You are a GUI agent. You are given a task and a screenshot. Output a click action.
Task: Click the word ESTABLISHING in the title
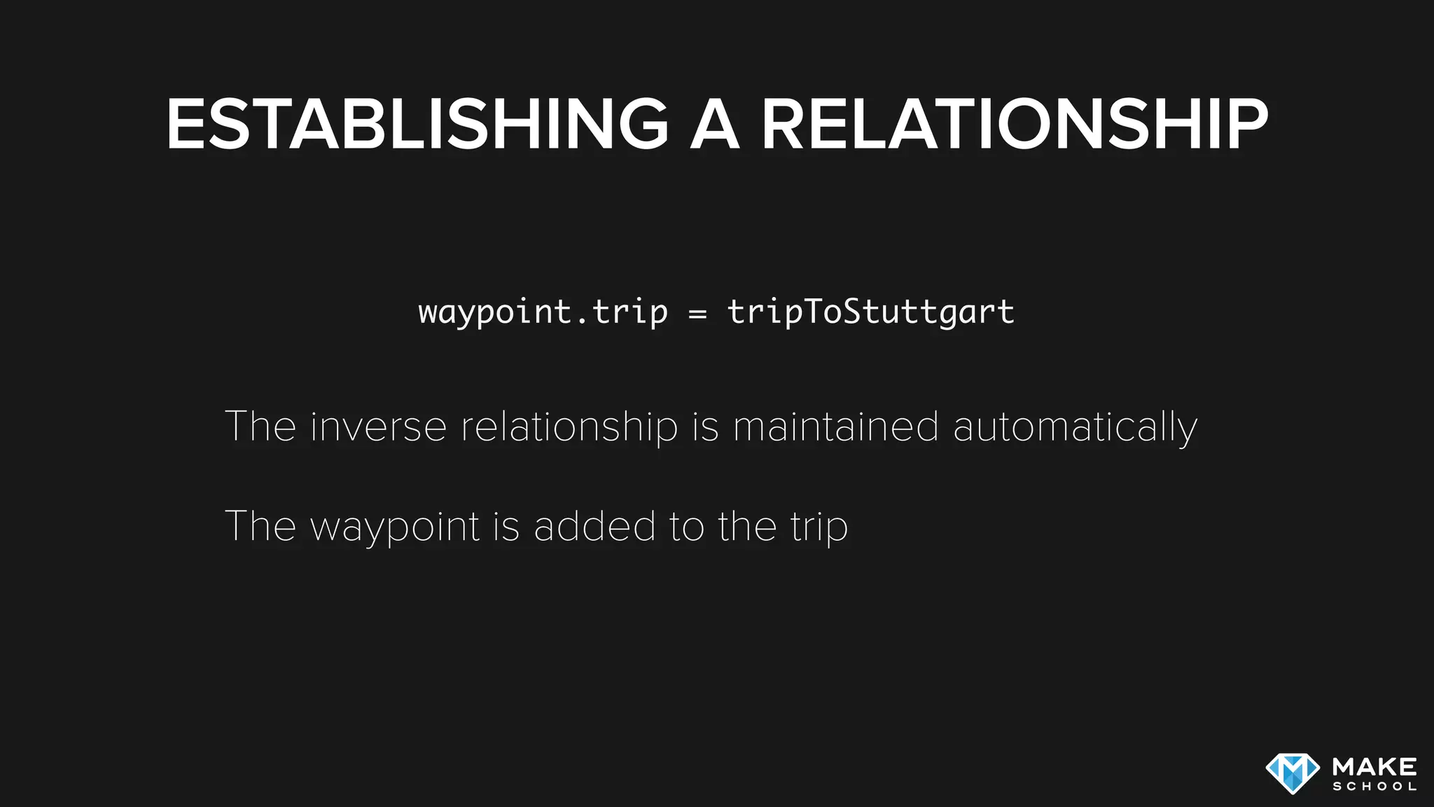point(417,125)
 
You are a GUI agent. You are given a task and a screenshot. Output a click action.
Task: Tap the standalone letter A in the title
point(715,125)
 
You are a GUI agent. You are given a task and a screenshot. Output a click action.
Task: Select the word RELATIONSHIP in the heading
point(1015,125)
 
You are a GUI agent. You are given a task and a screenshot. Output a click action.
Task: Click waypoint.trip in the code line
point(543,312)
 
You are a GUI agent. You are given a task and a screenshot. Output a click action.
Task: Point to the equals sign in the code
point(697,314)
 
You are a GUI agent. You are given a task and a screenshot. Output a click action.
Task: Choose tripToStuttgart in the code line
point(871,312)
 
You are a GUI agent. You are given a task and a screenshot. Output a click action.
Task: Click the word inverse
point(378,427)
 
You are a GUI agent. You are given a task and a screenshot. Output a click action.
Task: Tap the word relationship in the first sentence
point(569,428)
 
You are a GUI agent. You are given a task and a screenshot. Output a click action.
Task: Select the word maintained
point(835,427)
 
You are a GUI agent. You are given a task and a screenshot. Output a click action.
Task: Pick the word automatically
point(1075,428)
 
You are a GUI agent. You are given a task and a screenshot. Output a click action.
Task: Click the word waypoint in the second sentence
point(395,527)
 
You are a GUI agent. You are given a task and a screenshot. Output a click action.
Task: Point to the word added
point(594,526)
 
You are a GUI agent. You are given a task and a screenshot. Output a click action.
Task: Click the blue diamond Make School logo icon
point(1293,773)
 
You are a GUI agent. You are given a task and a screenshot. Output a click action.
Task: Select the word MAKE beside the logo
point(1374,766)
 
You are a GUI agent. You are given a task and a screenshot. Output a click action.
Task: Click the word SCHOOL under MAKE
point(1374,787)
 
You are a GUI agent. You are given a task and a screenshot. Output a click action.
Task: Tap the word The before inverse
point(260,427)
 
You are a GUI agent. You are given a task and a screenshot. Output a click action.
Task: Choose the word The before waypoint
point(260,526)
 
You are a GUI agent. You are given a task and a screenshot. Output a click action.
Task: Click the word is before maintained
point(705,427)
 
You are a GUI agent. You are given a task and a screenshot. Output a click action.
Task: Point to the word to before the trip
point(686,526)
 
